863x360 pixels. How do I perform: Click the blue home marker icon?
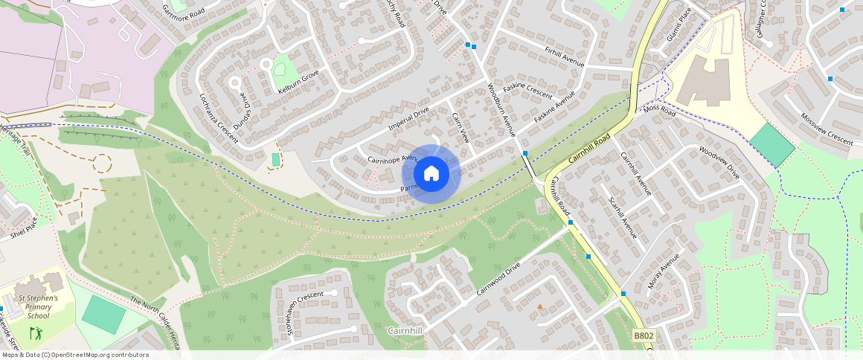431,173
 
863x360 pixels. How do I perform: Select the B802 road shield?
644,336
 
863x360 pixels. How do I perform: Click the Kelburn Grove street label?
298,81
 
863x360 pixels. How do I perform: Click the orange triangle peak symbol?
540,306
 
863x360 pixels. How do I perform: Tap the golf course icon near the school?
35,332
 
